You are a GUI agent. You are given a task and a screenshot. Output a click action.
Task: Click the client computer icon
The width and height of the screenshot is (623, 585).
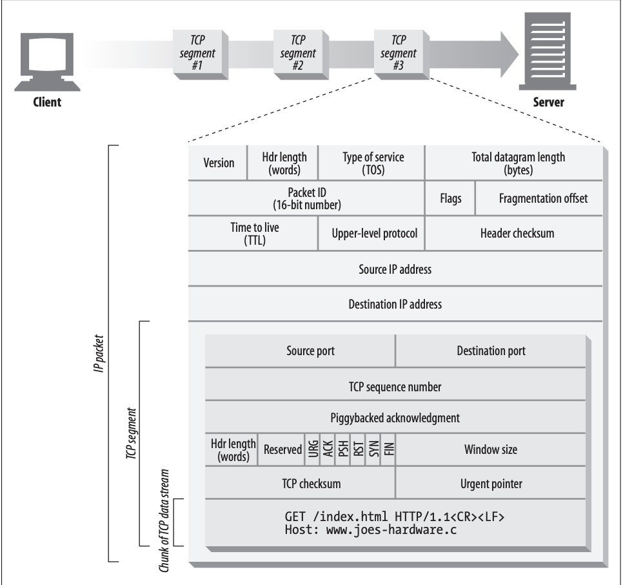point(47,62)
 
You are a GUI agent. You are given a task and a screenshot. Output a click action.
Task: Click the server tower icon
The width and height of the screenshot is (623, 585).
point(547,51)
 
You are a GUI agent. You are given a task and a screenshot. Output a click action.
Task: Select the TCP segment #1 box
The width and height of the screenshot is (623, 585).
point(200,54)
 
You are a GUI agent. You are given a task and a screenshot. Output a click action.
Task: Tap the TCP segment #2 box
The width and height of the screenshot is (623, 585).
point(301,54)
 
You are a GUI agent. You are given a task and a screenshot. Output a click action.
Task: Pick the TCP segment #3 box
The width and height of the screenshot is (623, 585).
point(401,54)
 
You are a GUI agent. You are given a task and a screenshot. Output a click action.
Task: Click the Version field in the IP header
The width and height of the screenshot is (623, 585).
point(218,163)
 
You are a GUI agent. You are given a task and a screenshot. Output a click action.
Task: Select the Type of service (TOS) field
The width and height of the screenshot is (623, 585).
point(372,163)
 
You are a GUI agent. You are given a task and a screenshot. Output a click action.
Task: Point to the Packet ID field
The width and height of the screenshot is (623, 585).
point(306,198)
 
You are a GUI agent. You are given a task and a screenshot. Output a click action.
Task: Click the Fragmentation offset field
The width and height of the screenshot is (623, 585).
point(539,198)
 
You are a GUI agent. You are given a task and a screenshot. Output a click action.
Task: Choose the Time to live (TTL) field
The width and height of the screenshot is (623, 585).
point(253,234)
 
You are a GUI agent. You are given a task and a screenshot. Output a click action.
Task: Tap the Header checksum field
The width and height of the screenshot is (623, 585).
point(514,234)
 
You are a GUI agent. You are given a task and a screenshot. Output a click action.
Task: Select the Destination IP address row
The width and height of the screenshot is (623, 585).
point(395,304)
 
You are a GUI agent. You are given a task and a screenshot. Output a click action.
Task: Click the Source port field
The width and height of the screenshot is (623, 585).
point(301,351)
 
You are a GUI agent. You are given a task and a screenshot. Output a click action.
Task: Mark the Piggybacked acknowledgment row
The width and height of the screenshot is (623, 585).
point(395,418)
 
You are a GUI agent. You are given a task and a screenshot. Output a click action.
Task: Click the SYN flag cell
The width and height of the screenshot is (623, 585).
point(373,449)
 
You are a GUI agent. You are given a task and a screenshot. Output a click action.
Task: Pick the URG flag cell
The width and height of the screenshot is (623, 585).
point(313,449)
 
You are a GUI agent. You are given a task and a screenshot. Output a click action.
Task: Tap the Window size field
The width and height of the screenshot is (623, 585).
point(491,449)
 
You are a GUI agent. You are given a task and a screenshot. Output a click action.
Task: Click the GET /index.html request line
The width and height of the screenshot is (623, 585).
point(395,517)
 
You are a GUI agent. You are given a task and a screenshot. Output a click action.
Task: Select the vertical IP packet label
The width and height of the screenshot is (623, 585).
point(99,354)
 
